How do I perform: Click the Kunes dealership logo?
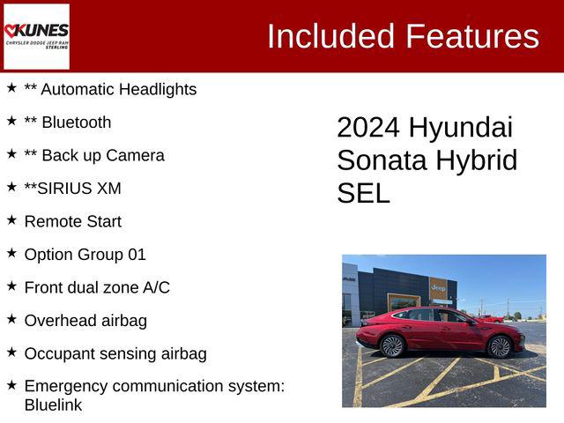click(x=36, y=36)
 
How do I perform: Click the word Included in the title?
click(x=331, y=36)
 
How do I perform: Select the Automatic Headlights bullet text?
click(x=119, y=89)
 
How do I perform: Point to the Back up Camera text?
click(x=103, y=155)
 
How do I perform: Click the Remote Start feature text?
click(x=73, y=221)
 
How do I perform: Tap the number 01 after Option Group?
click(x=137, y=255)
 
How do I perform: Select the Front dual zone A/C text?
click(x=97, y=287)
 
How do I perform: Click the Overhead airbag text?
click(x=85, y=321)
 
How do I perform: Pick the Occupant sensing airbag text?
click(x=115, y=353)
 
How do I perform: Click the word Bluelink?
click(x=53, y=405)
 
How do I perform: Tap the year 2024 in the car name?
click(x=369, y=127)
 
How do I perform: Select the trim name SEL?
click(x=363, y=193)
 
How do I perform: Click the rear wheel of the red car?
click(x=392, y=346)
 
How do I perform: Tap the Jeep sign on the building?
click(x=438, y=288)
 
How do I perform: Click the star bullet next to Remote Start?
click(x=11, y=220)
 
